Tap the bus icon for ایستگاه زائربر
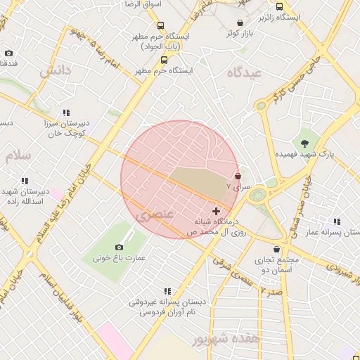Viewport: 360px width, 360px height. [x=280, y=6]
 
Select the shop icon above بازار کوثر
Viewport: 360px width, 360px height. [x=240, y=22]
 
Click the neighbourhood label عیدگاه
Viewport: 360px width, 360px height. [x=245, y=73]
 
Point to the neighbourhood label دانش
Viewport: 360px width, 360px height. [x=55, y=72]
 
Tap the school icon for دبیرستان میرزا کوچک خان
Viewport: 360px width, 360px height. [x=66, y=112]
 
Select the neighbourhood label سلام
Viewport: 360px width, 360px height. [x=18, y=156]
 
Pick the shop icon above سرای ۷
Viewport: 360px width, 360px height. [x=238, y=176]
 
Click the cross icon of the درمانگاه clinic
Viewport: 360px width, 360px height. [x=215, y=211]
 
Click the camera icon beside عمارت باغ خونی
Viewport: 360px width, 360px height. [x=119, y=247]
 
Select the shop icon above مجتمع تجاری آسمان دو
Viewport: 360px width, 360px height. [x=276, y=249]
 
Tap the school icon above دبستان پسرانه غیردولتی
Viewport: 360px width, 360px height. [x=167, y=290]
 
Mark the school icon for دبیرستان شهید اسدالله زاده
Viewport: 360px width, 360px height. [x=25, y=181]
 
